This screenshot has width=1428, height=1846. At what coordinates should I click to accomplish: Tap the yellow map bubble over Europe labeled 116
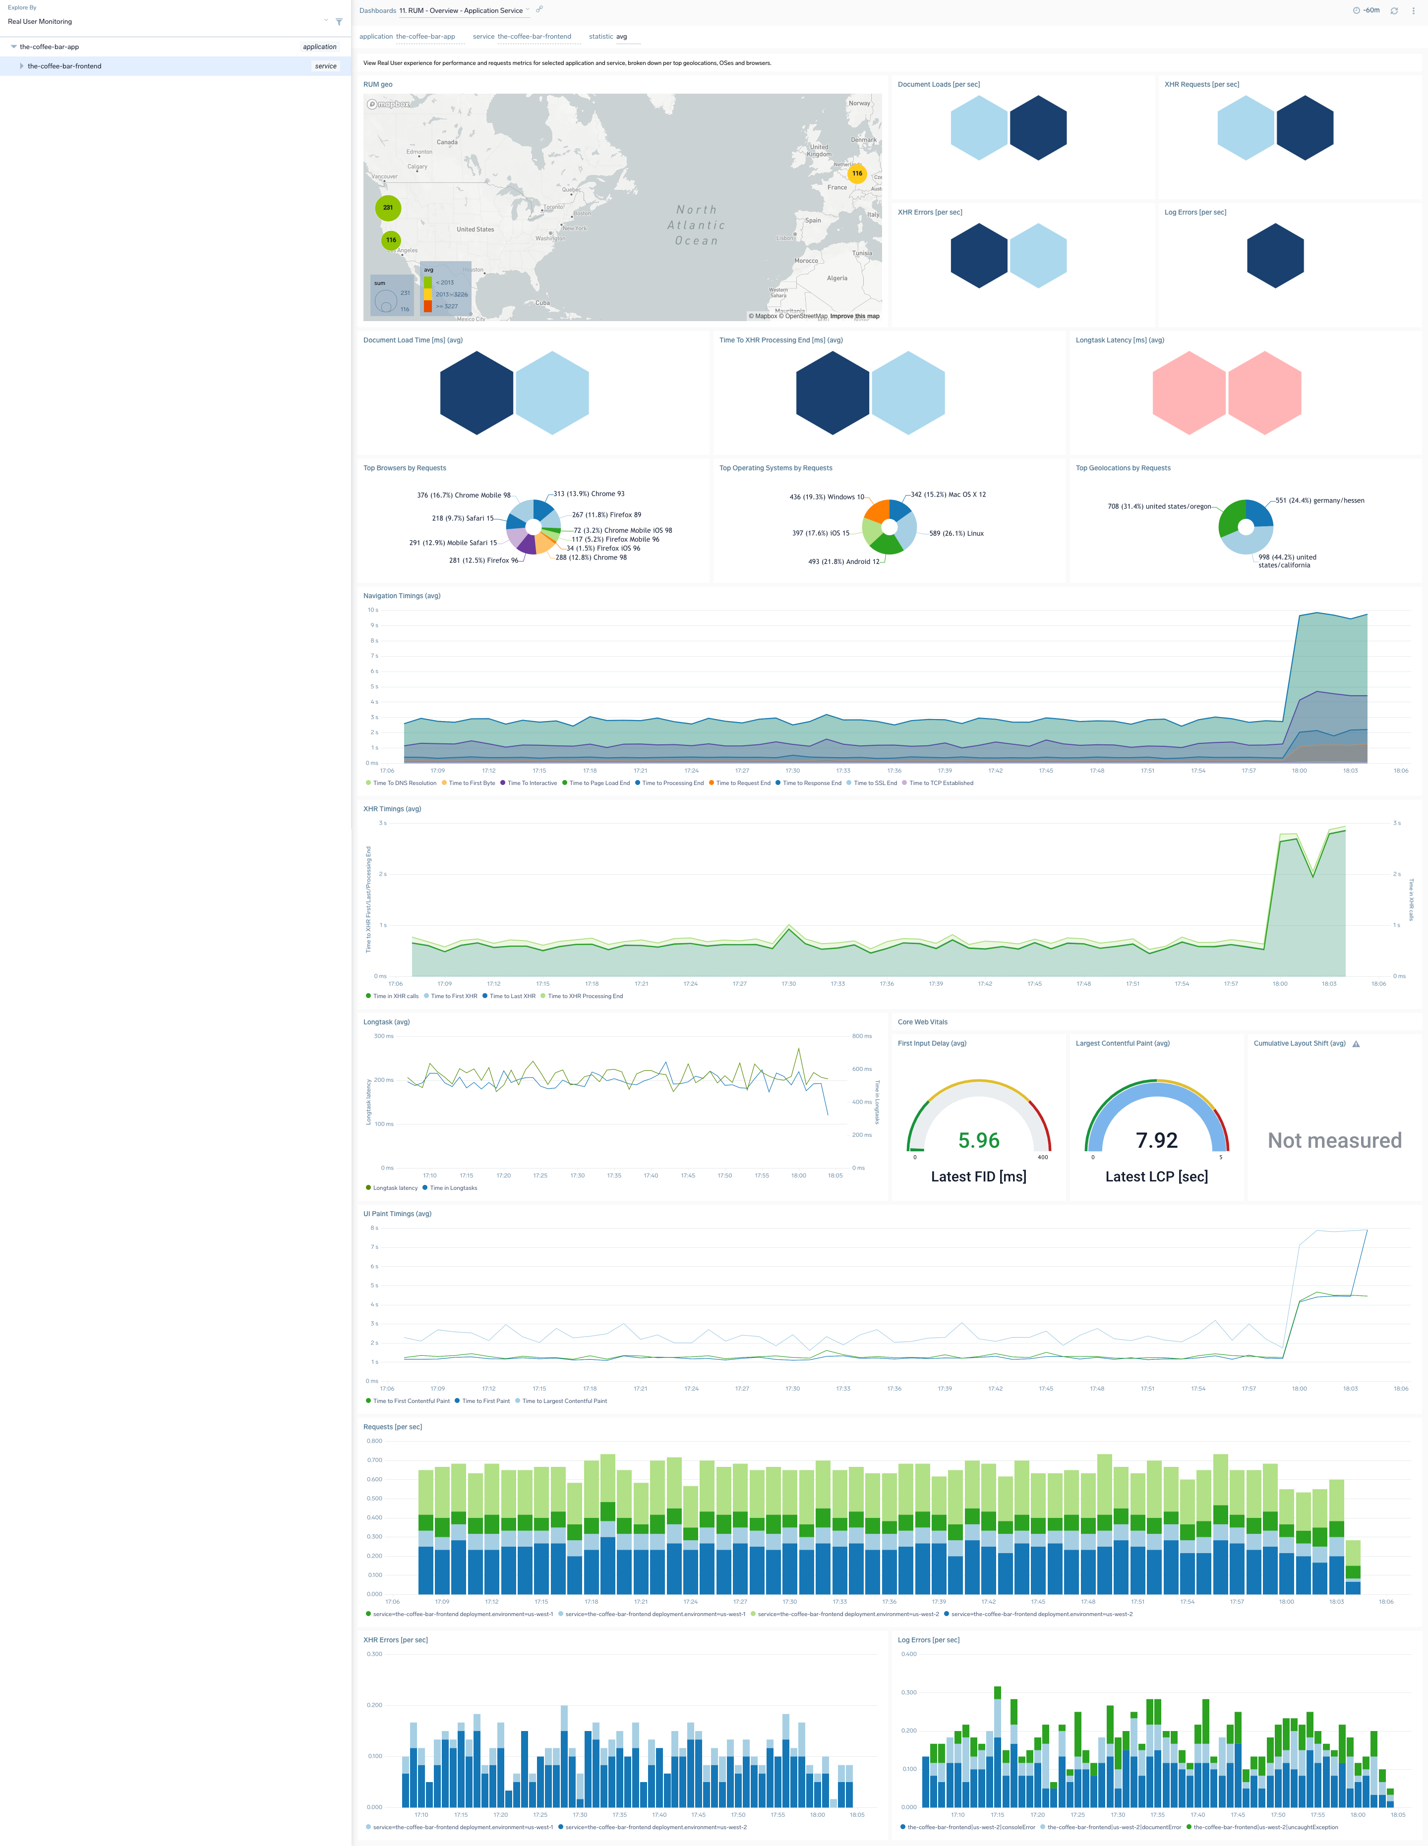[x=856, y=173]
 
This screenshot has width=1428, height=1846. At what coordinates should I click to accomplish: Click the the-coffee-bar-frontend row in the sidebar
[x=64, y=66]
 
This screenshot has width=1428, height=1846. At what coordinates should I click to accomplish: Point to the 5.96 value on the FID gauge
[x=978, y=1140]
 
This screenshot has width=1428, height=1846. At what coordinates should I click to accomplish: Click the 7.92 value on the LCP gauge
[x=1156, y=1140]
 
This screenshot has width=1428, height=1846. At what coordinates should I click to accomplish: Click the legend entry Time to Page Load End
[x=598, y=783]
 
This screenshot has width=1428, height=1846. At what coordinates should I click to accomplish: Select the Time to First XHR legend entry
[x=453, y=996]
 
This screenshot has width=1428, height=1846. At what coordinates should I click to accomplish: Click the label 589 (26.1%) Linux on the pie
[x=956, y=533]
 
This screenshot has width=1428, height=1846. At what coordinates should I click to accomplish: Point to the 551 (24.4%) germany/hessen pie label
[x=1319, y=501]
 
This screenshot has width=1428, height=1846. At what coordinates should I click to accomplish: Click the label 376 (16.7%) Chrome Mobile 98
[x=463, y=495]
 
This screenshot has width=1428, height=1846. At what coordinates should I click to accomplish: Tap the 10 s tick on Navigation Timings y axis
[x=372, y=610]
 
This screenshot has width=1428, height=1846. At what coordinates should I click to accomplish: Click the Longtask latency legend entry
[x=395, y=1187]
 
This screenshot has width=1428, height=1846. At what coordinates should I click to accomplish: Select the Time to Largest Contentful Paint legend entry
[x=564, y=1400]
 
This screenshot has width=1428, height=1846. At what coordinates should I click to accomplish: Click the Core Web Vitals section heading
[x=922, y=1022]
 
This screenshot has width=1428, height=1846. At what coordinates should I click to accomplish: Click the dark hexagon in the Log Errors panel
[x=1274, y=255]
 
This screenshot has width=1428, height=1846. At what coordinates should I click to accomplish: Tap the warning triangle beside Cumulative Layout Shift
[x=1355, y=1044]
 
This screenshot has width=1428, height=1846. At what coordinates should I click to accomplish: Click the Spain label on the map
[x=813, y=221]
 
